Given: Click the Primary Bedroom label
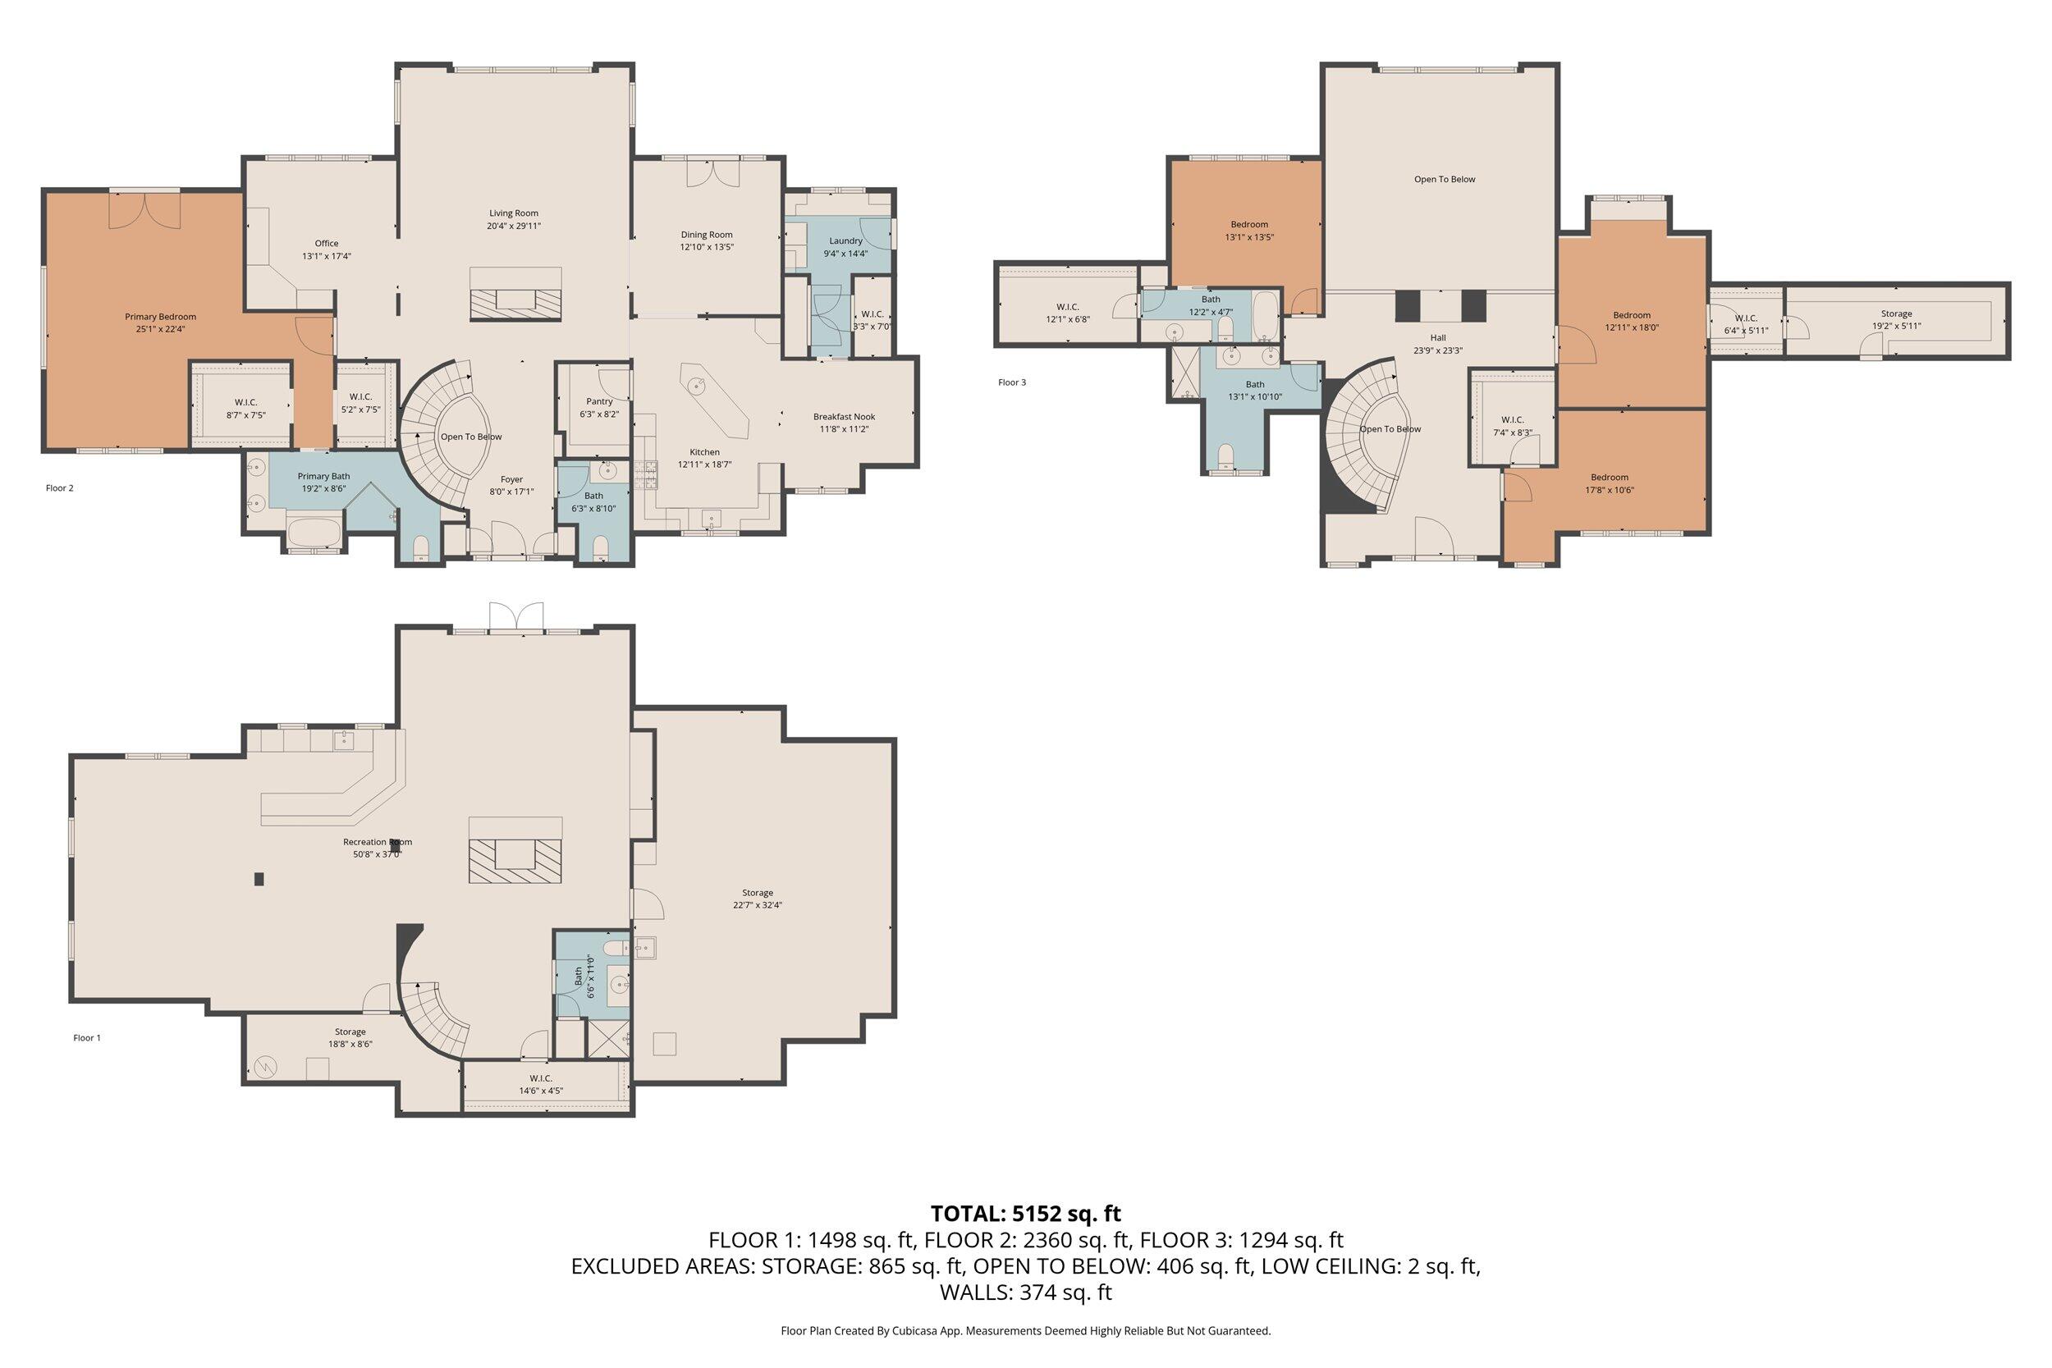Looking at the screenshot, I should (x=160, y=317).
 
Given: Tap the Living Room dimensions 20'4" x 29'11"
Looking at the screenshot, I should (x=514, y=226).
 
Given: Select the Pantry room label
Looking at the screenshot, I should (x=599, y=401).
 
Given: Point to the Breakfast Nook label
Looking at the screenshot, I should (x=844, y=416).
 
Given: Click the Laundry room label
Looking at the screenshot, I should (x=845, y=240).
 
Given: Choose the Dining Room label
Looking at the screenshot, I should (x=707, y=235).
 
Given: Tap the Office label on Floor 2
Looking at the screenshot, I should (x=327, y=244).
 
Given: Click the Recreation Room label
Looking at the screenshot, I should (x=377, y=842).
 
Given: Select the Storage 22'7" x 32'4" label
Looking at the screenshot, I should (x=758, y=893).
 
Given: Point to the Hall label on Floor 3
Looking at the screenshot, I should (x=1438, y=337).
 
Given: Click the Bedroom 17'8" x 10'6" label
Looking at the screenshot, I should (x=1609, y=478).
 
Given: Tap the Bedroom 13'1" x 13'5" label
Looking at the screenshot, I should (x=1249, y=224).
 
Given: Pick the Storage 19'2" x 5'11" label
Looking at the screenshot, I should (x=1896, y=313).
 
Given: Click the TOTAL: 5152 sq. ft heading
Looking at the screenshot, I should (x=1025, y=1213).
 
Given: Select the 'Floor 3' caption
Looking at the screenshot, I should (x=1012, y=382).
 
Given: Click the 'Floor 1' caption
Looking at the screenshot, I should (x=87, y=1038).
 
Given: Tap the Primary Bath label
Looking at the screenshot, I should (x=323, y=476).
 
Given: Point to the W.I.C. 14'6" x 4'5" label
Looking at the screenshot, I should (x=540, y=1078).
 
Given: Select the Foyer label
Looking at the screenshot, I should (x=511, y=479).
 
